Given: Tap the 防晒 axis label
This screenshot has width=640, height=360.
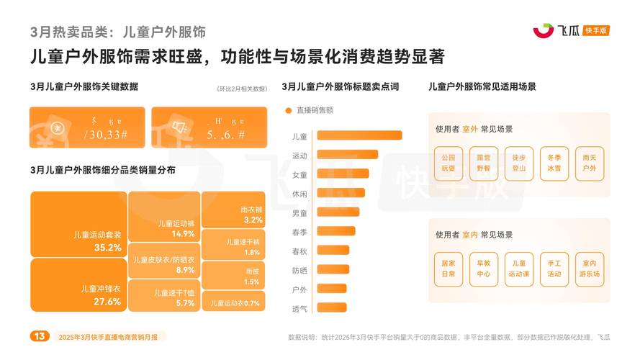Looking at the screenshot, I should [x=299, y=270].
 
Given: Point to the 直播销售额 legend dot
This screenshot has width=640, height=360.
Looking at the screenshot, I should [x=289, y=111].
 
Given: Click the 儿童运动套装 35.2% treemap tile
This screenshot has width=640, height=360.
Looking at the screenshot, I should [x=78, y=224].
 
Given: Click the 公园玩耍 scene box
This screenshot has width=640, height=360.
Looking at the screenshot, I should [x=449, y=161].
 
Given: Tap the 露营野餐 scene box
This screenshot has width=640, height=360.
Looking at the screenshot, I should [x=484, y=161].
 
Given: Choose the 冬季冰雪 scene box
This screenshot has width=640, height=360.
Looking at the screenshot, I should [x=554, y=161].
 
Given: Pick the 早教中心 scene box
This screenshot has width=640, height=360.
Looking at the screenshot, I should [x=484, y=269].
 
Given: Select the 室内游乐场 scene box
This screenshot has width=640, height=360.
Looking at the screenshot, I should [x=590, y=269].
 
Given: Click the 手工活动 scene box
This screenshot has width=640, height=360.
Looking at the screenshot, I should [x=554, y=269].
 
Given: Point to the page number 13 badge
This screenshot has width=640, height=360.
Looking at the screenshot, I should [x=40, y=336].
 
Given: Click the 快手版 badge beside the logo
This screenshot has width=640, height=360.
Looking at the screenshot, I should [x=597, y=30].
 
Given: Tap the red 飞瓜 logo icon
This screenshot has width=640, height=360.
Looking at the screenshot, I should [x=542, y=30].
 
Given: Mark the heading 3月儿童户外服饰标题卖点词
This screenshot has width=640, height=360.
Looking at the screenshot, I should [x=340, y=86].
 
